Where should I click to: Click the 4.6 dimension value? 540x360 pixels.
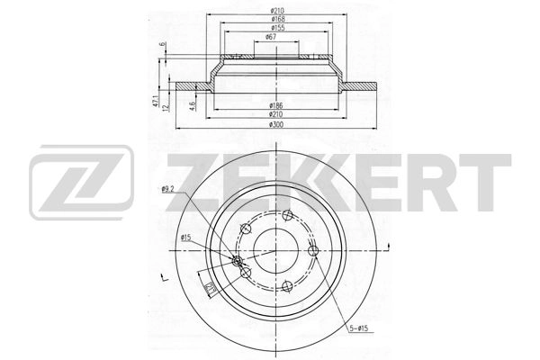coord(193,105)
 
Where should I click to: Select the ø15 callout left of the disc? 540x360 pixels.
coord(186,238)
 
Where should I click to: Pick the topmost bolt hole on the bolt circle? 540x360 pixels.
coord(285,215)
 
